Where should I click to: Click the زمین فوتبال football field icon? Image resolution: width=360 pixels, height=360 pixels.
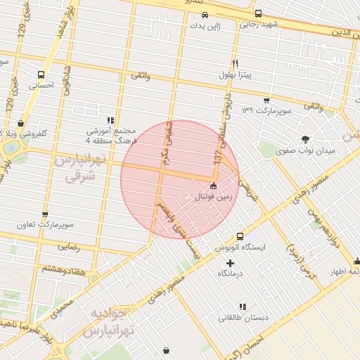pyautogui.click(x=214, y=186)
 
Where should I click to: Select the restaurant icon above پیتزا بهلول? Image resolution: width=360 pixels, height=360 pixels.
pyautogui.click(x=236, y=63)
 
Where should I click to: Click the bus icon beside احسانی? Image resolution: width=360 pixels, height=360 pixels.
pyautogui.click(x=41, y=74)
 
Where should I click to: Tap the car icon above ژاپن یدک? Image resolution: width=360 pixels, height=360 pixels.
pyautogui.click(x=204, y=15)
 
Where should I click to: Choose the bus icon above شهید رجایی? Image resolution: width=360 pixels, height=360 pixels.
pyautogui.click(x=258, y=13)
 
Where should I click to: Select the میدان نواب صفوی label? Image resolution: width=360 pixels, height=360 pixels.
pyautogui.click(x=308, y=150)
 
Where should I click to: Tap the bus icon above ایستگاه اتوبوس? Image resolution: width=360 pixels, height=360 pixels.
pyautogui.click(x=240, y=236)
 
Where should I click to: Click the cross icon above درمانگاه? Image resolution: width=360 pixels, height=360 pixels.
pyautogui.click(x=229, y=262)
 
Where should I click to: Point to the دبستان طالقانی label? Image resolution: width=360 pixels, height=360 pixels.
pyautogui.click(x=243, y=318)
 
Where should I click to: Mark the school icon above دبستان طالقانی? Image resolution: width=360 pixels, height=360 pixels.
pyautogui.click(x=243, y=307)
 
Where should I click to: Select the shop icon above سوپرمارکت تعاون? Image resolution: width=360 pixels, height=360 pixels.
pyautogui.click(x=46, y=214)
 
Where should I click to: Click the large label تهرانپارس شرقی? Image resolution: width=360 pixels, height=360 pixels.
pyautogui.click(x=79, y=169)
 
